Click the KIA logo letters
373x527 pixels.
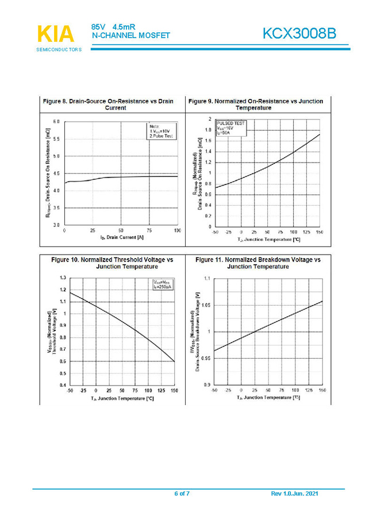56,34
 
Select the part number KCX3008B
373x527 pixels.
299,34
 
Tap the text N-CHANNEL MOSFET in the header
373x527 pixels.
131,36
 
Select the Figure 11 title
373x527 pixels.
258,263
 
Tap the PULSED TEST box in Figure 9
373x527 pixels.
230,128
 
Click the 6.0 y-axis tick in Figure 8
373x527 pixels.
56,122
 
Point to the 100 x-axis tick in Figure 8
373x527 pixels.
177,231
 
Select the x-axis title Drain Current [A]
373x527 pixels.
121,237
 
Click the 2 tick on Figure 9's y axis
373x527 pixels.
209,119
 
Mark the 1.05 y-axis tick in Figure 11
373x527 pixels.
205,305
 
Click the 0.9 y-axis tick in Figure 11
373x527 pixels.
207,384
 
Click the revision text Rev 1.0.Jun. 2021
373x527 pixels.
294,494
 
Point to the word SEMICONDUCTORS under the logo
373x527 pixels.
59,49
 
